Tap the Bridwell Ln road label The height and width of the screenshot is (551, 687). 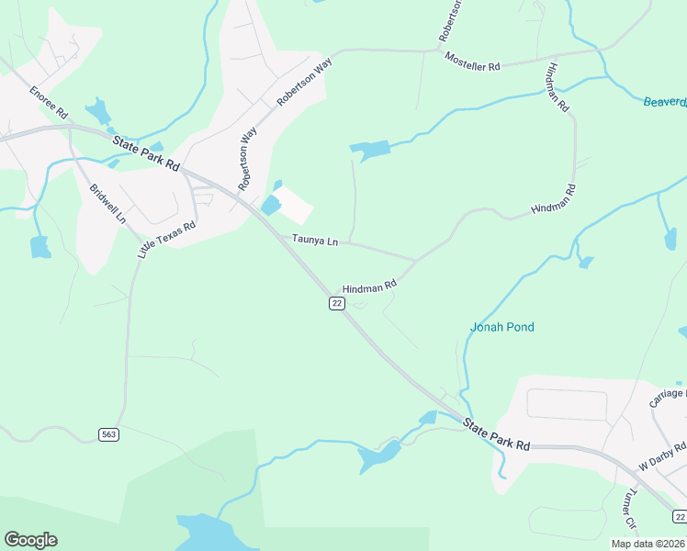pyautogui.click(x=107, y=205)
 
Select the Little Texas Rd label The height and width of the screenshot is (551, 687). pyautogui.click(x=167, y=239)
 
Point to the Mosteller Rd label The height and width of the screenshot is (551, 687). pyautogui.click(x=472, y=62)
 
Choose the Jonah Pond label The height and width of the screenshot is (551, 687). pyautogui.click(x=501, y=327)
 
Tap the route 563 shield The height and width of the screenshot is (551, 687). pyautogui.click(x=109, y=433)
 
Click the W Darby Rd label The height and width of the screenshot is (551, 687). pyautogui.click(x=663, y=455)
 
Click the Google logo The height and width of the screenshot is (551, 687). pyautogui.click(x=30, y=540)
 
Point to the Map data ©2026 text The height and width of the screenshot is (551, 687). pyautogui.click(x=648, y=544)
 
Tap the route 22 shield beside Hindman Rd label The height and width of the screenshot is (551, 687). pyautogui.click(x=337, y=304)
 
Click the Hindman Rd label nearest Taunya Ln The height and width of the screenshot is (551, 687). pyautogui.click(x=369, y=287)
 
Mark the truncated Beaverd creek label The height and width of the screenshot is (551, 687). pyautogui.click(x=664, y=102)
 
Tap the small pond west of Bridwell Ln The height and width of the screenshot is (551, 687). pyautogui.click(x=39, y=246)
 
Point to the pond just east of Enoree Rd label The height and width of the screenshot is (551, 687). pyautogui.click(x=98, y=113)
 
